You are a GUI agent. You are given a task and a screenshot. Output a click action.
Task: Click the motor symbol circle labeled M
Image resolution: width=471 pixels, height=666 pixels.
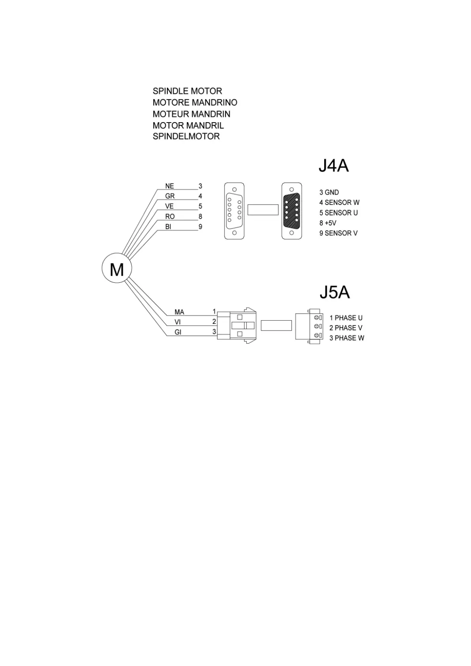pos(117,269)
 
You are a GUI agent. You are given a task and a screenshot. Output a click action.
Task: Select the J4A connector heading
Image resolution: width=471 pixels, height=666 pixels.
pos(333,166)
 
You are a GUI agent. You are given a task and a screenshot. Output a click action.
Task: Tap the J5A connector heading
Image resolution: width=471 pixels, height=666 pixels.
pos(334,293)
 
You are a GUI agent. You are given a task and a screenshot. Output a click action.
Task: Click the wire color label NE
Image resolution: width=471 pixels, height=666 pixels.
pos(169,186)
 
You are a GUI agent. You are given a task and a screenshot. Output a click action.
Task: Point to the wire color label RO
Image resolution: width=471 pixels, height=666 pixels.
pos(170,216)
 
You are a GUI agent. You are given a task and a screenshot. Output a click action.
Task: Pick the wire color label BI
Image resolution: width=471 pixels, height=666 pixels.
pos(168,227)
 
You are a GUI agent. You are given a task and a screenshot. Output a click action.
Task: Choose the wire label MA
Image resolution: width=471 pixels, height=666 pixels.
pos(179,312)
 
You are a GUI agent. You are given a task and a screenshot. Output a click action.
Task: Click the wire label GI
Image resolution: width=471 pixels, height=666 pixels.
pos(178,332)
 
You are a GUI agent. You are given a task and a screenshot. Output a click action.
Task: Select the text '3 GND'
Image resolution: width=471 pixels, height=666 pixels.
pos(329,192)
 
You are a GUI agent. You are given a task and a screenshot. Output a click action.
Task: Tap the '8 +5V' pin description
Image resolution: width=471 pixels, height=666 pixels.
pos(328,223)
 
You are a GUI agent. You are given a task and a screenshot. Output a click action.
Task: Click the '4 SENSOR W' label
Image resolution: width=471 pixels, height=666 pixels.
pos(339,202)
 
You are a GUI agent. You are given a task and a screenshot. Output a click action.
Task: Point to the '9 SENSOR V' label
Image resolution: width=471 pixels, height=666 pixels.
pos(338,233)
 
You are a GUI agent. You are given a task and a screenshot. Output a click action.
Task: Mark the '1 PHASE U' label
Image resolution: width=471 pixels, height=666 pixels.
pos(346,318)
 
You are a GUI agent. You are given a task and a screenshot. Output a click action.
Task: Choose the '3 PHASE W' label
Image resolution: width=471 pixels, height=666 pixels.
pos(347,338)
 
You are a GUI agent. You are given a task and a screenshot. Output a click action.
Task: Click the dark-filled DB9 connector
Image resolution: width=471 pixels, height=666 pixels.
pos(292,210)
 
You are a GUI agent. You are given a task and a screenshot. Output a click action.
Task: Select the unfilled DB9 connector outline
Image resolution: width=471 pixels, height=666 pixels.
pos(234,210)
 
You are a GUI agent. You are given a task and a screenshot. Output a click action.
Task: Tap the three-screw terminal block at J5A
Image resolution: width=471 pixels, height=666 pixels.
pos(309,326)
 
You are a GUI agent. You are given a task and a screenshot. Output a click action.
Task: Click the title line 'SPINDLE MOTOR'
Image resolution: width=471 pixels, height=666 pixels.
pos(187,91)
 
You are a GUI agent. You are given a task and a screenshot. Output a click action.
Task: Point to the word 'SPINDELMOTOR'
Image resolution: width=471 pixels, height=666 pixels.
pos(186,136)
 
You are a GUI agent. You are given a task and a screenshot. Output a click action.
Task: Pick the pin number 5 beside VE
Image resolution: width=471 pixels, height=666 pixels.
pos(200,206)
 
